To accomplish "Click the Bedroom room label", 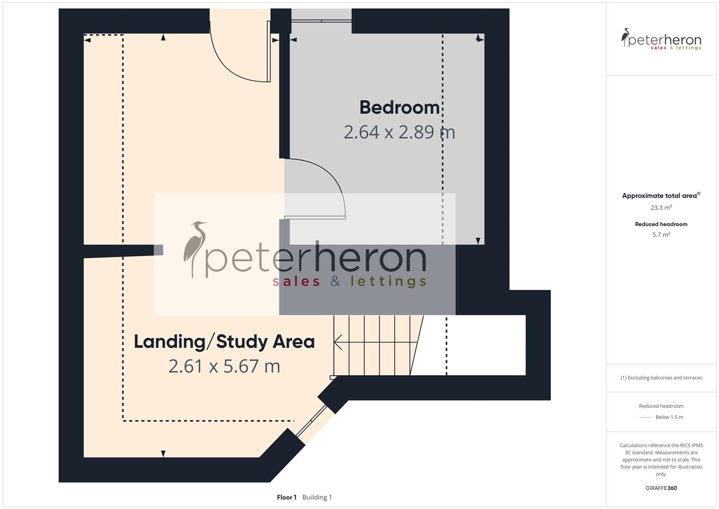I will [399, 107].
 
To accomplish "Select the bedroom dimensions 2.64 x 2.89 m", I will [399, 132].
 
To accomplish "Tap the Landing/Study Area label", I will [224, 342].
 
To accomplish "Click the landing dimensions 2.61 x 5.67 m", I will [224, 366].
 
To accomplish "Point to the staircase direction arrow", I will [358, 341].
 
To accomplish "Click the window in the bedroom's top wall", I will [322, 21].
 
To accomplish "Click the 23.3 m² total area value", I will [661, 207].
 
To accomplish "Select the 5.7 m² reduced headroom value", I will [661, 235].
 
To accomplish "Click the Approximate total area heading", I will [660, 196].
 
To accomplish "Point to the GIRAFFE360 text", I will [661, 488].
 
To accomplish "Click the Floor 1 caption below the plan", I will [286, 497].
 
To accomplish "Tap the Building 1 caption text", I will [317, 497].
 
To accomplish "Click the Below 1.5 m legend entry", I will [669, 417].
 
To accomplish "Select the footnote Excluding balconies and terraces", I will [661, 378].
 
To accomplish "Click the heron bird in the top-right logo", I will [625, 37].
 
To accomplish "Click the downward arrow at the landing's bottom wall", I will [163, 453].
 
